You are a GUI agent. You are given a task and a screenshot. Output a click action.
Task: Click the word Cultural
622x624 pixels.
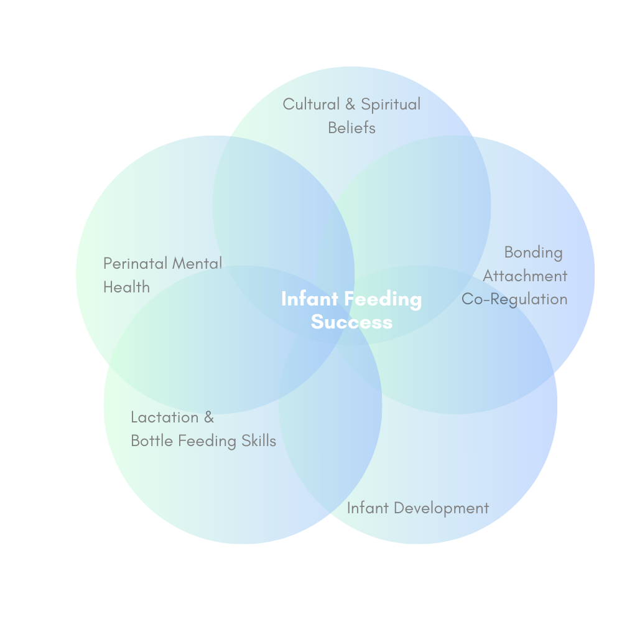pos(311,104)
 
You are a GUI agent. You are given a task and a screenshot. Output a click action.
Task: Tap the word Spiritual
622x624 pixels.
pos(391,105)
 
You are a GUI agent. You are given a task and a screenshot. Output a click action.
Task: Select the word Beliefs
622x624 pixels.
pos(351,128)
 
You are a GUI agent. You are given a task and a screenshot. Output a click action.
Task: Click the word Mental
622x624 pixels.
pos(197,263)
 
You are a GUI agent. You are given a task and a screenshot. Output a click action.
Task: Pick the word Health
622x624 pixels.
pos(126,287)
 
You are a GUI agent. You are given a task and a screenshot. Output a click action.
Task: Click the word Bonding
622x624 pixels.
pos(533,253)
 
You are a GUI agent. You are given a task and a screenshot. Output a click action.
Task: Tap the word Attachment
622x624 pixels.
pos(525,276)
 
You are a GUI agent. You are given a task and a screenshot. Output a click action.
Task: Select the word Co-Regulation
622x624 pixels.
pos(514,299)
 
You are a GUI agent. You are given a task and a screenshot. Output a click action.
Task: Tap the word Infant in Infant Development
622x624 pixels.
pos(368,508)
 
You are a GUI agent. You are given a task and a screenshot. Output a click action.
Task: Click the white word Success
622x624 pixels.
pos(351,322)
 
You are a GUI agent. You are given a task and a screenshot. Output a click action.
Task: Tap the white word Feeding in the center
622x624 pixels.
pos(383,299)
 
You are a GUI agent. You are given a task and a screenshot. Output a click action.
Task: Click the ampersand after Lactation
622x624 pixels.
pos(208,417)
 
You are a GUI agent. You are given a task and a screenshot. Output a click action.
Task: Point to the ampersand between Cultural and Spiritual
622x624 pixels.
pos(350,104)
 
